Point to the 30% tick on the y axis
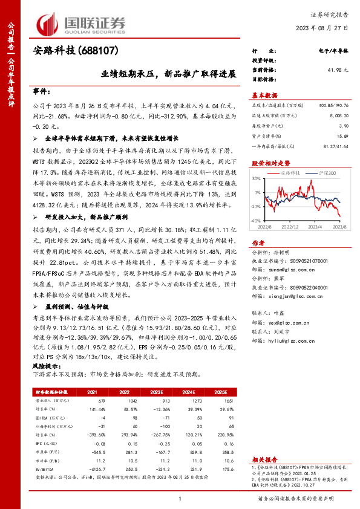point(257,178)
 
